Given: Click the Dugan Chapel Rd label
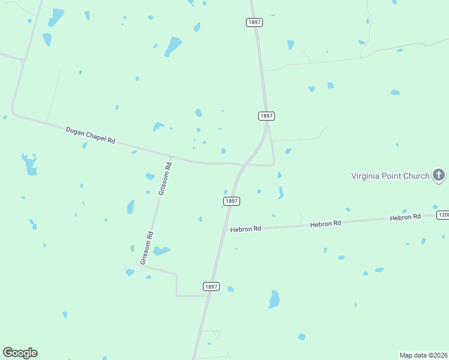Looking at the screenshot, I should pyautogui.click(x=90, y=134).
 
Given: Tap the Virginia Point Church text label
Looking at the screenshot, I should pyautogui.click(x=390, y=176).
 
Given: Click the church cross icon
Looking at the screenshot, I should pyautogui.click(x=439, y=175).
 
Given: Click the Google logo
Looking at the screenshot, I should pyautogui.click(x=20, y=353).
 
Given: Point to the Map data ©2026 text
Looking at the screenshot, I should pyautogui.click(x=423, y=355).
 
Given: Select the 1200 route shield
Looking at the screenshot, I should pyautogui.click(x=443, y=215).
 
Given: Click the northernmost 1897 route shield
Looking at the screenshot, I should pyautogui.click(x=254, y=22).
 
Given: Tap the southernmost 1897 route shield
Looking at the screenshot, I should pyautogui.click(x=211, y=287).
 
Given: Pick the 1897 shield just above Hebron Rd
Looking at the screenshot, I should pyautogui.click(x=232, y=201).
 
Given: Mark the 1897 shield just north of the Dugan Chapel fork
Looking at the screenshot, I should pyautogui.click(x=267, y=115).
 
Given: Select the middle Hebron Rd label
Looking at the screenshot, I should pyautogui.click(x=325, y=223).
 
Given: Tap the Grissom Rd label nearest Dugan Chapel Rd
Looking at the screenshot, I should pyautogui.click(x=165, y=178).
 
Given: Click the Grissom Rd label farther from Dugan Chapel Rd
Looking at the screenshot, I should pyautogui.click(x=147, y=248).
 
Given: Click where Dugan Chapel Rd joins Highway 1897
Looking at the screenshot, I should pyautogui.click(x=243, y=164).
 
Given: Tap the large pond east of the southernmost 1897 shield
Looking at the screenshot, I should pyautogui.click(x=274, y=299).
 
